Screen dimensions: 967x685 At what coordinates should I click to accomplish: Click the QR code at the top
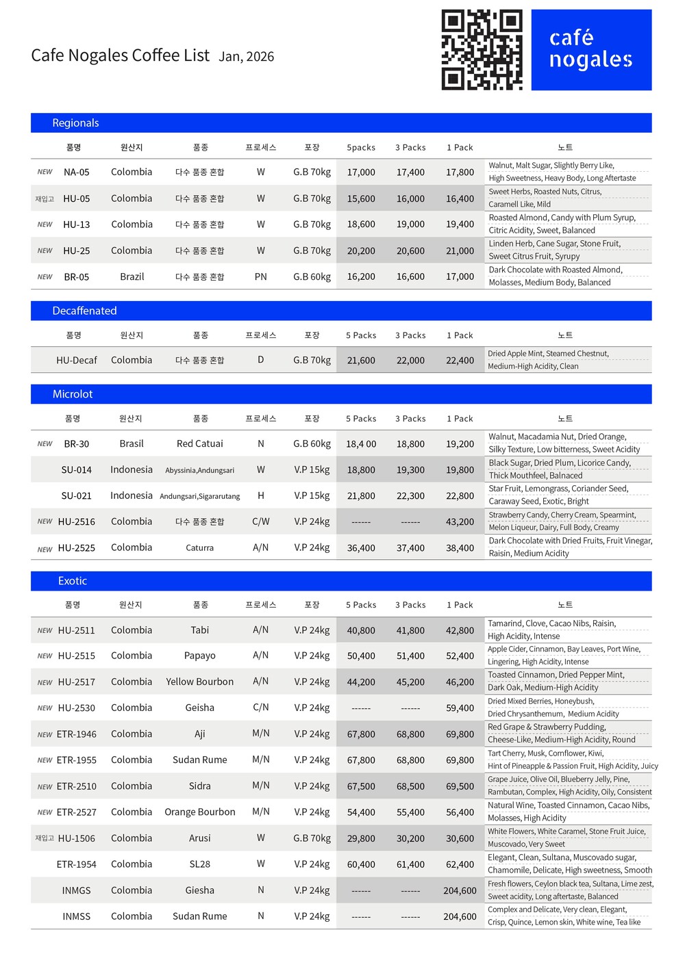point(482,50)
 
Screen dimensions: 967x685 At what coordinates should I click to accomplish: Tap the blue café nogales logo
point(591,50)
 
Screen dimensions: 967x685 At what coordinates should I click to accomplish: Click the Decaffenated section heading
point(84,311)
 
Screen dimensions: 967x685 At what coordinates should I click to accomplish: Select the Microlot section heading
point(72,394)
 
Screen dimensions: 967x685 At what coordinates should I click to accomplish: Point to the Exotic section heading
point(72,581)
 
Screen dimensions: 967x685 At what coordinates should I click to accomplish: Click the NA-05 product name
point(76,172)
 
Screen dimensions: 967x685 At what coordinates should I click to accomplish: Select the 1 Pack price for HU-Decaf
point(460,361)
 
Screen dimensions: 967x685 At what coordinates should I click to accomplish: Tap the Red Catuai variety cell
point(199,444)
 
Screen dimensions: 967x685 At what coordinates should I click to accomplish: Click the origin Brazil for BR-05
point(132,277)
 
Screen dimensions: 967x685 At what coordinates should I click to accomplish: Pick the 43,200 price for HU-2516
point(460,522)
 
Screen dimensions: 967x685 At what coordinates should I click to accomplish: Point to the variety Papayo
point(199,656)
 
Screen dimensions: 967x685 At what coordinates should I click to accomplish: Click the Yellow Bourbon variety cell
point(199,682)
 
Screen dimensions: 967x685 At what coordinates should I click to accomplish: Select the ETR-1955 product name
point(76,760)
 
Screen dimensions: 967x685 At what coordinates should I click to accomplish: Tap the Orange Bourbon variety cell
point(199,812)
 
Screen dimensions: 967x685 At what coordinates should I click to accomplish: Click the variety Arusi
point(199,838)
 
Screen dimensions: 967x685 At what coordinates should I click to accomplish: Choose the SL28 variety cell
point(199,864)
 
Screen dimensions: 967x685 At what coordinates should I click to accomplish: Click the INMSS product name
point(76,916)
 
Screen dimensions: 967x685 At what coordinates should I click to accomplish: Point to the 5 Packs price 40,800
point(361,630)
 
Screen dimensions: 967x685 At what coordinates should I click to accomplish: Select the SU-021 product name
point(76,496)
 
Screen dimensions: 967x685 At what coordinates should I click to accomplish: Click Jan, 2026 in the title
point(246,57)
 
